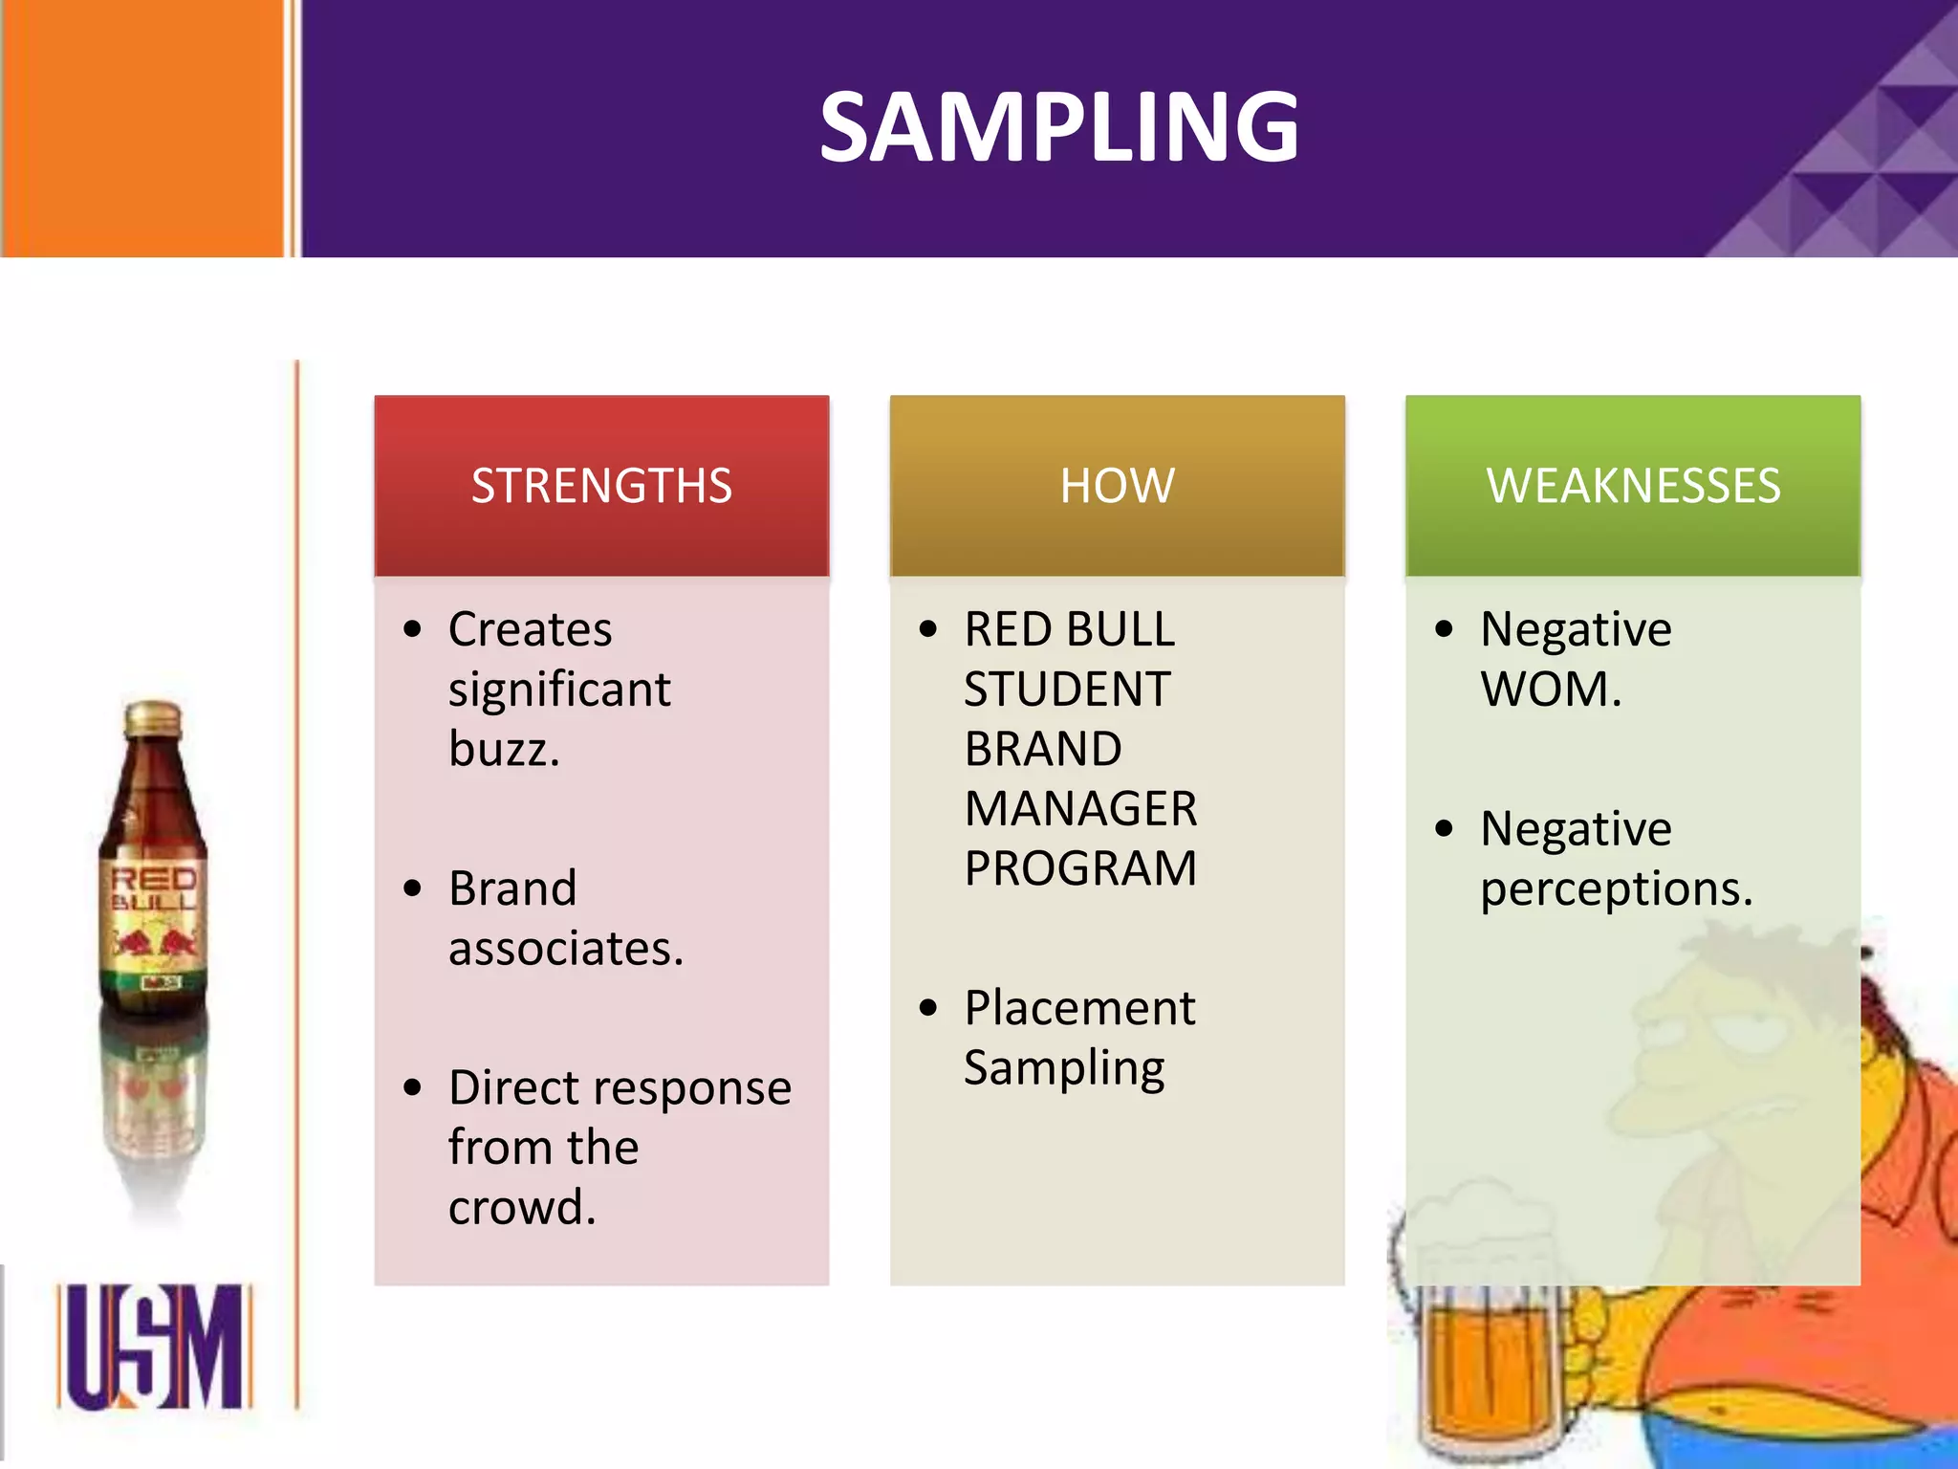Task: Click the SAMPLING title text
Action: [x=1058, y=127]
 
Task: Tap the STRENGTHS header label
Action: [x=601, y=486]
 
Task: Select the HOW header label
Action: [x=1117, y=486]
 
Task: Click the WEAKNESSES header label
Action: [x=1633, y=486]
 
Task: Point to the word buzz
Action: [x=503, y=749]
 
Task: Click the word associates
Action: [x=565, y=949]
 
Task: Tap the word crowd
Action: [x=521, y=1207]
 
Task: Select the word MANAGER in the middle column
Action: [x=1080, y=809]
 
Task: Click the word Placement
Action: [x=1079, y=1008]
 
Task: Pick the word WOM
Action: [x=1550, y=690]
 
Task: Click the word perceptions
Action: [x=1616, y=889]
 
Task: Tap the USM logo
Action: [x=154, y=1347]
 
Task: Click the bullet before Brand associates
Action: [x=412, y=888]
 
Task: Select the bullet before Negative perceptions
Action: [x=1444, y=828]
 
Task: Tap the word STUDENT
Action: [x=1067, y=690]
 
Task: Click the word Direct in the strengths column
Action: [x=513, y=1088]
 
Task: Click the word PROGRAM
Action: [x=1080, y=868]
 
